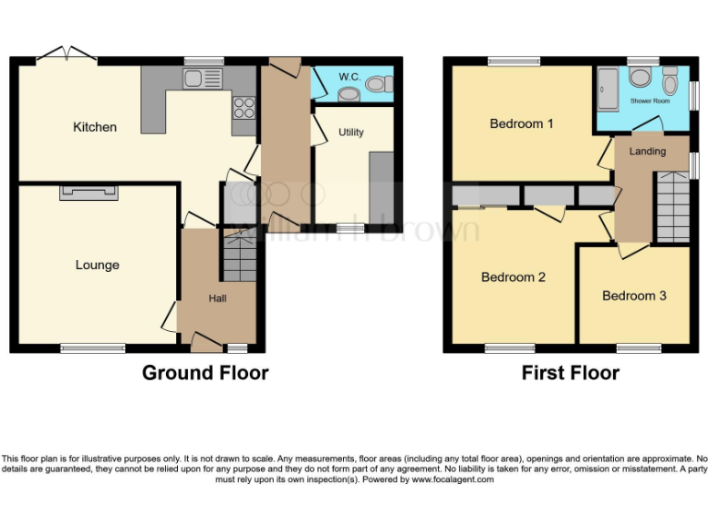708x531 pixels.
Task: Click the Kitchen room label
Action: (x=95, y=127)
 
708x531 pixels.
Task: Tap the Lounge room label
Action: (x=97, y=265)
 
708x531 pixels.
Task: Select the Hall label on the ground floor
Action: (x=218, y=298)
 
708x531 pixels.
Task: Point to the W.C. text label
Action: (x=349, y=76)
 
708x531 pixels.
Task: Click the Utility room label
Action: (x=350, y=133)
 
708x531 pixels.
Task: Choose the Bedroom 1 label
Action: (x=522, y=124)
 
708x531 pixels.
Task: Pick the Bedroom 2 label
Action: (x=513, y=277)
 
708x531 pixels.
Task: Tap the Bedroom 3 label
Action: (x=634, y=296)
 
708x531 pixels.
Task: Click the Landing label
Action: (x=647, y=151)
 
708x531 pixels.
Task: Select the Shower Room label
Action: (x=650, y=100)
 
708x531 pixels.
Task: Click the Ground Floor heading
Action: (x=205, y=373)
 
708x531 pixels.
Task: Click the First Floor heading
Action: (x=570, y=373)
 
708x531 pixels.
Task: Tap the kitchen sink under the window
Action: (x=204, y=79)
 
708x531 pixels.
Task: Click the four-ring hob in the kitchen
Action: (x=244, y=108)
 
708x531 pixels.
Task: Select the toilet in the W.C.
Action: (x=376, y=85)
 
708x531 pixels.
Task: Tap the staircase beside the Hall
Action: (x=239, y=256)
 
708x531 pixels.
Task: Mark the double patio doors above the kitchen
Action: (x=70, y=53)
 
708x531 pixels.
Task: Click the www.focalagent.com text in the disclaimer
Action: (x=453, y=479)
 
